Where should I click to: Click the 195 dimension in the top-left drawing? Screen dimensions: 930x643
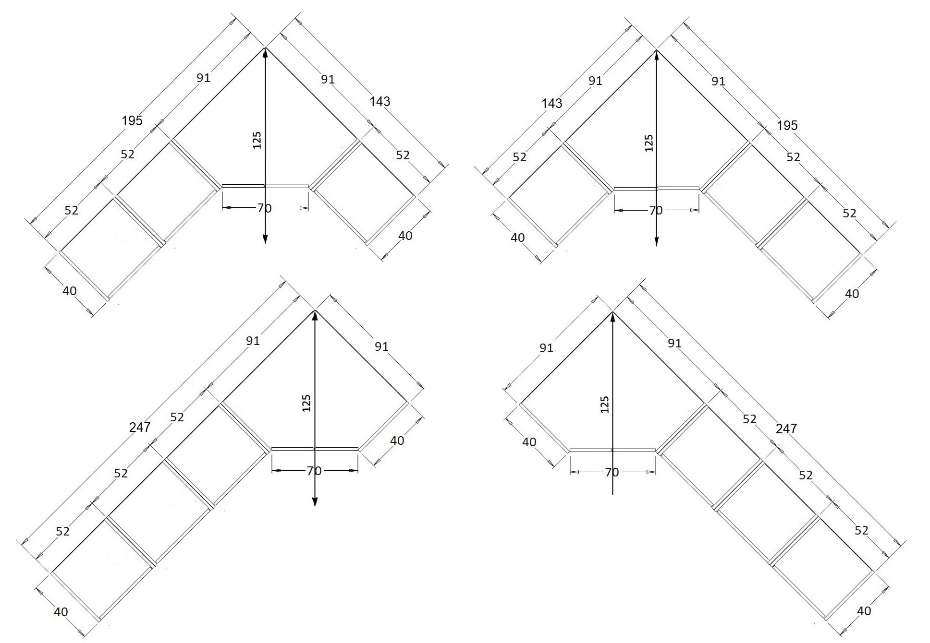tap(132, 120)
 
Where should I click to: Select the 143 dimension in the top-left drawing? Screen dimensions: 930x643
tap(380, 101)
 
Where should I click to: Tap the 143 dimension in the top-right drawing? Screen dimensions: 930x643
tap(552, 103)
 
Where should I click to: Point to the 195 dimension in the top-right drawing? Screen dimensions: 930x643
tap(787, 125)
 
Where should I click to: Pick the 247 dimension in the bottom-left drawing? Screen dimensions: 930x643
tap(140, 427)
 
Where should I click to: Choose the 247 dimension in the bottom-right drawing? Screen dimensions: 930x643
tap(786, 428)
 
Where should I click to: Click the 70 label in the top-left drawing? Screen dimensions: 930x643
tap(264, 208)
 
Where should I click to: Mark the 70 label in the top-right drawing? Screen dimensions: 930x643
tap(656, 211)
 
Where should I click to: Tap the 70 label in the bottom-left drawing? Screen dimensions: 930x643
tap(314, 471)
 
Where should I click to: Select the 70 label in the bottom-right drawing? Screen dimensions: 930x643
tap(612, 473)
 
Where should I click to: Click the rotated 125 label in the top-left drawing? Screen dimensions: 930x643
tap(257, 140)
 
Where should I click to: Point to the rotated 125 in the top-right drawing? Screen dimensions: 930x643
tap(649, 143)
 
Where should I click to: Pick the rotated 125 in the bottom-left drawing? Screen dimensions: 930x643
tap(307, 403)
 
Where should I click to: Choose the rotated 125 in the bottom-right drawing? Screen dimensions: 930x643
tap(605, 405)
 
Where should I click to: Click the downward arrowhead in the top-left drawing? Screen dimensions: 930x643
tap(265, 238)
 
